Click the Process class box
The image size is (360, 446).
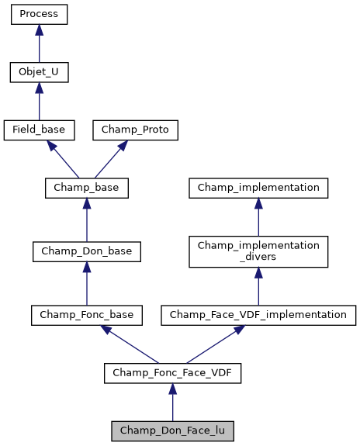click(39, 15)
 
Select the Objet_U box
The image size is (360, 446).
click(39, 72)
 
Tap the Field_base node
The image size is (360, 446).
click(39, 130)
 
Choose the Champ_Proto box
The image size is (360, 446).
click(136, 130)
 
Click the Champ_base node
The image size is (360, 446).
click(86, 187)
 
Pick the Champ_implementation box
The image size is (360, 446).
click(258, 187)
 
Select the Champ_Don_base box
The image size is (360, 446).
click(86, 251)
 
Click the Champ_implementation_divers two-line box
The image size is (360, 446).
click(258, 251)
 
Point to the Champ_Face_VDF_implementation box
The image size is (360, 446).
click(258, 314)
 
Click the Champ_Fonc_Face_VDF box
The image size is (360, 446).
click(172, 372)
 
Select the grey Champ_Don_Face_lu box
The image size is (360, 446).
click(172, 430)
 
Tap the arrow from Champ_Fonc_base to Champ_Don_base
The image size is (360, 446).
click(86, 283)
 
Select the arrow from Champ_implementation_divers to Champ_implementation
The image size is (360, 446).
click(258, 216)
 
